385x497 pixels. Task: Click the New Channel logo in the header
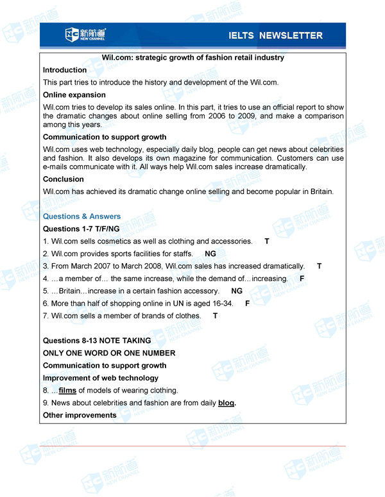tap(86, 35)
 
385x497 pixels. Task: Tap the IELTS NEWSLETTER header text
tap(275, 35)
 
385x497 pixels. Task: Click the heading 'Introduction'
tap(65, 70)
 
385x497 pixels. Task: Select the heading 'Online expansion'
tap(74, 95)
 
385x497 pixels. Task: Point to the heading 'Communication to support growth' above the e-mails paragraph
tap(105, 137)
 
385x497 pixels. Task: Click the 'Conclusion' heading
tap(64, 179)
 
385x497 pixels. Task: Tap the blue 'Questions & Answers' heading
tap(81, 216)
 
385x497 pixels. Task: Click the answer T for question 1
tap(267, 241)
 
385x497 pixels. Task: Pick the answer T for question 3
tap(320, 266)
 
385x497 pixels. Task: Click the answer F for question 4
tap(302, 279)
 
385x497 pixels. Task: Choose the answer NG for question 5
tap(237, 291)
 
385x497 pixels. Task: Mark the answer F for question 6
tap(248, 303)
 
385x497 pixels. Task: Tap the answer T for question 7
tap(216, 316)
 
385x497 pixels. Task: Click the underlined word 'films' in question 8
tap(67, 390)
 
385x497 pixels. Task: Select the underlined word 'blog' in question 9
tap(226, 403)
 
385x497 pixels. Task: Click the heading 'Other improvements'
tap(80, 415)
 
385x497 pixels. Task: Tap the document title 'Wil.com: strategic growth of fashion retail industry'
tap(193, 58)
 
